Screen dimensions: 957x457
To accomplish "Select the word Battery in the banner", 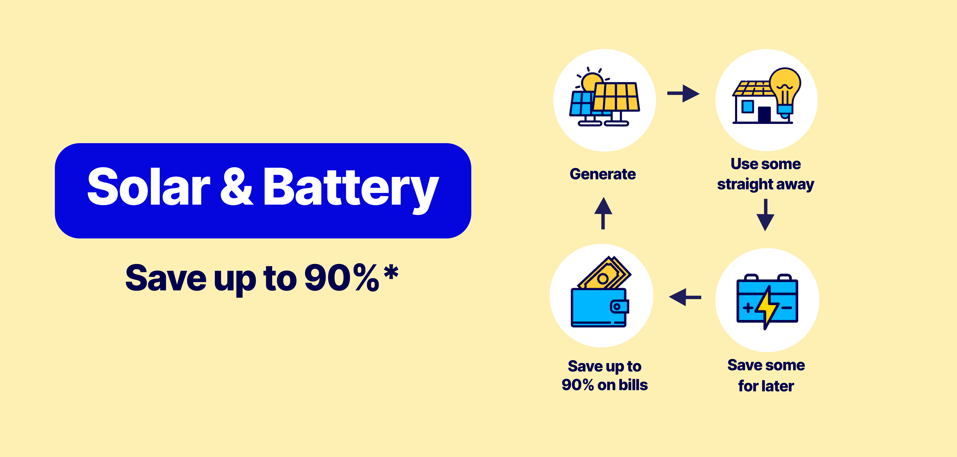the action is (x=351, y=189).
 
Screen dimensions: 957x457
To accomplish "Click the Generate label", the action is (x=603, y=174).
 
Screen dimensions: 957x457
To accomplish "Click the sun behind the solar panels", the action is (x=591, y=80).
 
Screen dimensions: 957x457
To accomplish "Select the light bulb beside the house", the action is (x=785, y=93).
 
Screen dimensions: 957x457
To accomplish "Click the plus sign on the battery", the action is (x=748, y=308).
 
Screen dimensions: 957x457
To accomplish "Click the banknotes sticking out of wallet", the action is (x=605, y=273).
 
